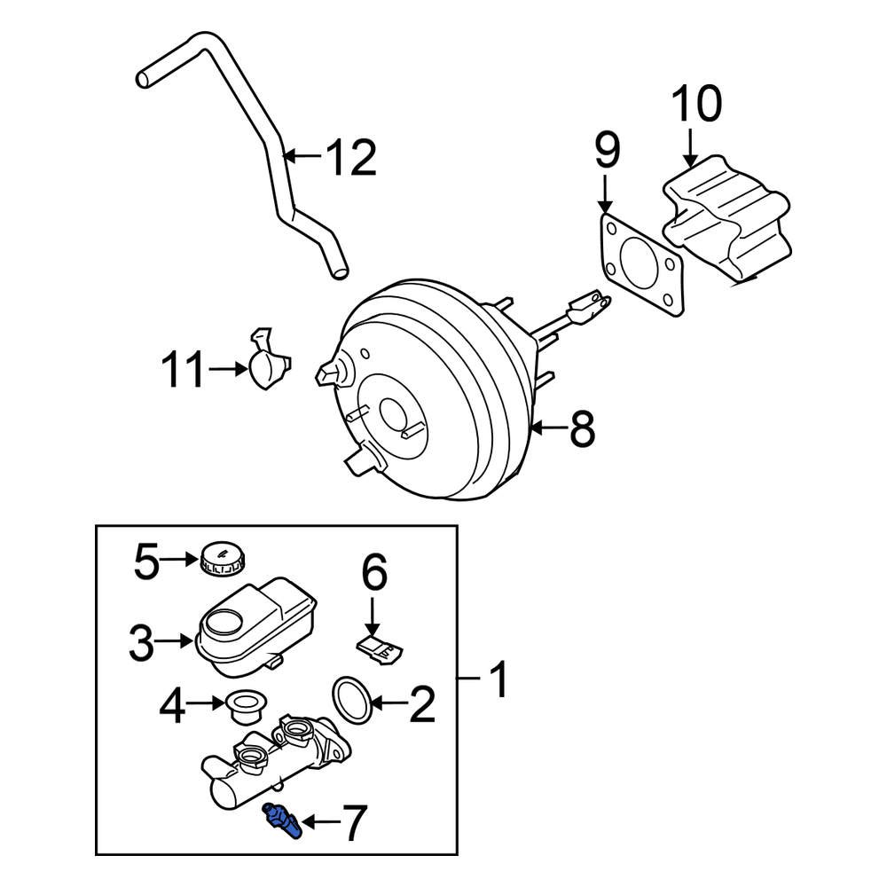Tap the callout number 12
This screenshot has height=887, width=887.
coord(349,159)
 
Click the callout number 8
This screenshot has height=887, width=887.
coord(581,431)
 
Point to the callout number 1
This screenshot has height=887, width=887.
coord(498,681)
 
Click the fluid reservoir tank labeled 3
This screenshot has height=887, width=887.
coord(253,625)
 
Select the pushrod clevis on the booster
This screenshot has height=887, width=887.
coord(590,308)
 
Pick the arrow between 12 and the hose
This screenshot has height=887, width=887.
coord(302,158)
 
